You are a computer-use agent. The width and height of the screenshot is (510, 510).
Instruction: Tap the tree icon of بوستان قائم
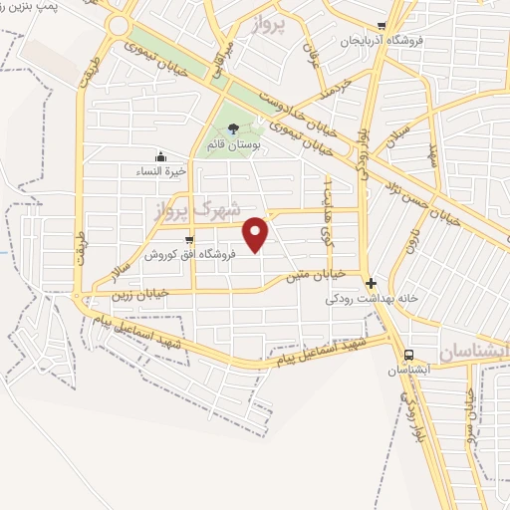click(233, 127)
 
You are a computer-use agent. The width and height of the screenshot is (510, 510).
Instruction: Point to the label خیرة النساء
click(160, 170)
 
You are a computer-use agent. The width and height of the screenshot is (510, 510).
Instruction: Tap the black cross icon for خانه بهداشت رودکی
click(371, 282)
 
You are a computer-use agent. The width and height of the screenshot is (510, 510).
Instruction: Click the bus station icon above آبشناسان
click(408, 354)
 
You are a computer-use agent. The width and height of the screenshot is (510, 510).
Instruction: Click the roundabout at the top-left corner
click(121, 25)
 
